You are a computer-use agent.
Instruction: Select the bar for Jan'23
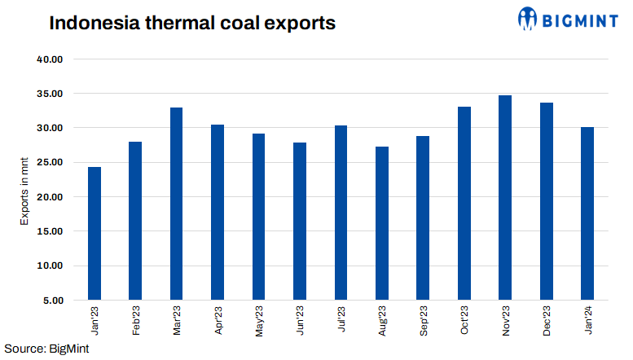coord(95,234)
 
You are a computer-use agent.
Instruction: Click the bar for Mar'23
coord(177,204)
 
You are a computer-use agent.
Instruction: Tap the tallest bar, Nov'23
coord(504,198)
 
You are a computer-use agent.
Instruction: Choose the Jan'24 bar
coord(587,213)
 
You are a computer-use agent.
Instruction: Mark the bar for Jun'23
coord(300,222)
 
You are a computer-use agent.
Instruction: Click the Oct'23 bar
coord(464,204)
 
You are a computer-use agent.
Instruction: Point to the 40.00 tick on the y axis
coord(51,59)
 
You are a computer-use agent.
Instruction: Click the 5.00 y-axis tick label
coord(53,300)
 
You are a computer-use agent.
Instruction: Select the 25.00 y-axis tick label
coord(51,163)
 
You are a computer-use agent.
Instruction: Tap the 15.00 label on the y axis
coord(51,231)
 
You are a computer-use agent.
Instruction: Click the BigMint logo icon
coord(529,18)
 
